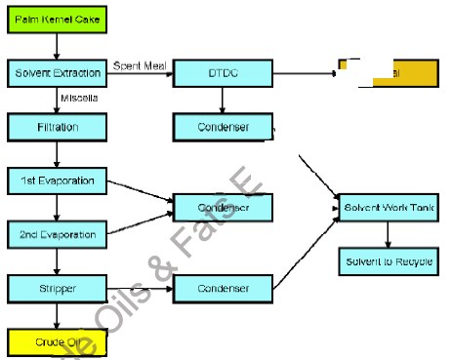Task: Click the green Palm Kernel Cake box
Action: pyautogui.click(x=56, y=20)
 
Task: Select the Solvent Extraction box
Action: pyautogui.click(x=56, y=73)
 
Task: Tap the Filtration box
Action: pyautogui.click(x=56, y=127)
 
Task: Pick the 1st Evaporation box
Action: pyautogui.click(x=56, y=180)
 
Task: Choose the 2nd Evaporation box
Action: pyautogui.click(x=56, y=235)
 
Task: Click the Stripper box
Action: pyautogui.click(x=56, y=289)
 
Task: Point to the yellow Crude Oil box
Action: pyautogui.click(x=56, y=341)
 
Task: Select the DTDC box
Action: pyautogui.click(x=223, y=73)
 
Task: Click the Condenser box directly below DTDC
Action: pyautogui.click(x=223, y=127)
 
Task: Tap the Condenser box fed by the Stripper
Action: pyautogui.click(x=223, y=289)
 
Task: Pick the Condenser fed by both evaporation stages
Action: pyautogui.click(x=223, y=207)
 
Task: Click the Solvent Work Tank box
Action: pyautogui.click(x=388, y=207)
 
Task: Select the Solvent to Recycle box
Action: pyautogui.click(x=388, y=261)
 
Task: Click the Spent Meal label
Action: pyautogui.click(x=141, y=65)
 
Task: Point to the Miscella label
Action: pyautogui.click(x=77, y=98)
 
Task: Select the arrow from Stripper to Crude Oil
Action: pyautogui.click(x=56, y=315)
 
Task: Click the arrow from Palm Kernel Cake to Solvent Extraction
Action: pyautogui.click(x=56, y=46)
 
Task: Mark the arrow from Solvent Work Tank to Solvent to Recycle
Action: pyautogui.click(x=388, y=234)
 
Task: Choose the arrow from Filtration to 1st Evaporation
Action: pyautogui.click(x=56, y=153)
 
